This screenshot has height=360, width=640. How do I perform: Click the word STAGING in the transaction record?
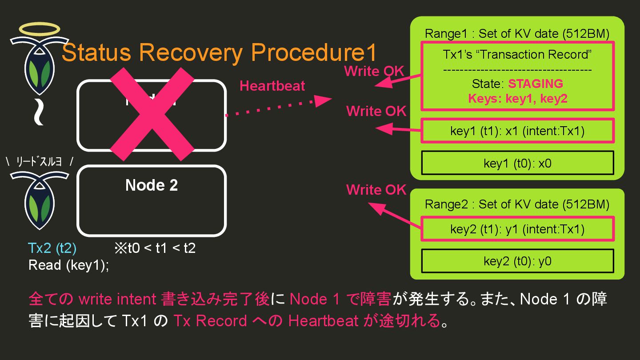click(x=535, y=84)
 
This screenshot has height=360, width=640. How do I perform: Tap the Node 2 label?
click(x=152, y=185)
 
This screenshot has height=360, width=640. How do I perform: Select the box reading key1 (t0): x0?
click(x=517, y=163)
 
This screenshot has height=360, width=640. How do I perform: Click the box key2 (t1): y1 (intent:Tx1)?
click(x=517, y=229)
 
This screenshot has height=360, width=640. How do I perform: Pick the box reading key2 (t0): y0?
click(x=517, y=261)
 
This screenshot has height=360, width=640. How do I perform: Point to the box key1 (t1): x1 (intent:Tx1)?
click(x=517, y=131)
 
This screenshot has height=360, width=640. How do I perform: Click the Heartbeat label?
click(x=272, y=86)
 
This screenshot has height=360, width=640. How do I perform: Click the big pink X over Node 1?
click(x=152, y=115)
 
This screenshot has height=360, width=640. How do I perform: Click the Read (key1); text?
click(x=68, y=265)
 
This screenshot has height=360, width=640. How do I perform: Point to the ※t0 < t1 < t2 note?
click(x=155, y=248)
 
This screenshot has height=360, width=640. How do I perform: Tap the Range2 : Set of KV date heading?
click(x=517, y=204)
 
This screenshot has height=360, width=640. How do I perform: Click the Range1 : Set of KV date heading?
click(x=517, y=34)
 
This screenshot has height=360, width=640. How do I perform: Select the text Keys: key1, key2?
click(x=517, y=99)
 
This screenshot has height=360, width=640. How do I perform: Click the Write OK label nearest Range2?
click(x=376, y=190)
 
